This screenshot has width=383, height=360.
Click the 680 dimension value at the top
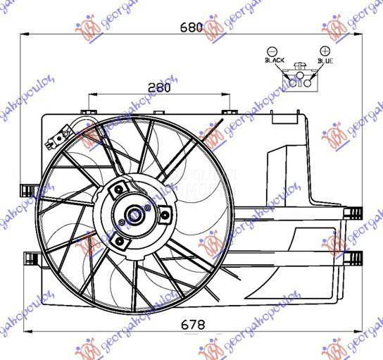click(x=191, y=27)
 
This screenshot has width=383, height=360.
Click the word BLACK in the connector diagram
click(x=275, y=61)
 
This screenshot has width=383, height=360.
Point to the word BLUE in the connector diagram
click(x=325, y=61)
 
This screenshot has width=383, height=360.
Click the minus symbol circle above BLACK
click(x=273, y=51)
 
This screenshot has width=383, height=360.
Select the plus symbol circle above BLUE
click(x=325, y=51)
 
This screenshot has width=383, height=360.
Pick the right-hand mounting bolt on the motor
click(x=165, y=216)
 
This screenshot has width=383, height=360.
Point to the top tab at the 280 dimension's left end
click(x=87, y=111)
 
